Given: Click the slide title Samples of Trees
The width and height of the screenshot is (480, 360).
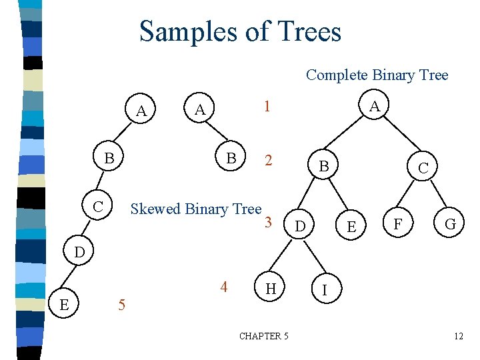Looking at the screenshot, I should (x=240, y=31).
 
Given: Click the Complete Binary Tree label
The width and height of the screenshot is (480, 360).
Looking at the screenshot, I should (x=377, y=75).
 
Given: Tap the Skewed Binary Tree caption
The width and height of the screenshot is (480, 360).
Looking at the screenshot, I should (x=196, y=209).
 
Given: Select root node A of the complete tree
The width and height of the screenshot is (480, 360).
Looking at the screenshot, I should (x=375, y=107).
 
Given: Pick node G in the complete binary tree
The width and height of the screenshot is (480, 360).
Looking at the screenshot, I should (x=451, y=225).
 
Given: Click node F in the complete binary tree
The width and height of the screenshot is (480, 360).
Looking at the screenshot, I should (x=397, y=224).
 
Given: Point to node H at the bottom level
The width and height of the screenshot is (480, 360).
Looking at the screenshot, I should (x=271, y=289).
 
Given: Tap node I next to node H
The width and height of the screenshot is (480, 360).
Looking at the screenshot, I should (x=324, y=291).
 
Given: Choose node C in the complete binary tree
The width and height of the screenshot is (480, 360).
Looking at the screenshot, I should (x=423, y=169).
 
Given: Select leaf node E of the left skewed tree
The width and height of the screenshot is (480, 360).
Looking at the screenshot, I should (x=63, y=305).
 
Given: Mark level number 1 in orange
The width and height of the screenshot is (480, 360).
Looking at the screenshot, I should (x=267, y=107).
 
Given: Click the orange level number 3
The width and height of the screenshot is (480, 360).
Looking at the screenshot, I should (x=268, y=222).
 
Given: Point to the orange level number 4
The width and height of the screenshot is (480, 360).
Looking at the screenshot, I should (x=224, y=287).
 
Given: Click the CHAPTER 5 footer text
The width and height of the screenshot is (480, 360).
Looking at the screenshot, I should (x=264, y=336).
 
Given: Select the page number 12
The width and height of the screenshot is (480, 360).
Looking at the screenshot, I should (x=458, y=336).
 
